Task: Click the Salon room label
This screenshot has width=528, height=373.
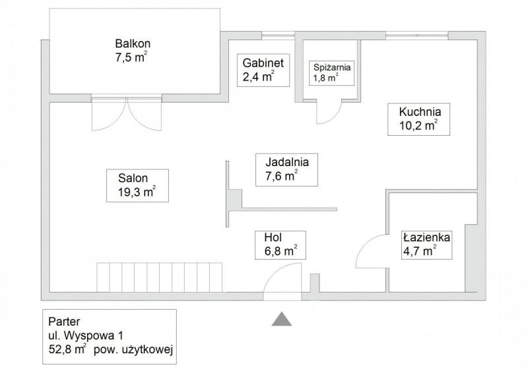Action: click(x=137, y=185)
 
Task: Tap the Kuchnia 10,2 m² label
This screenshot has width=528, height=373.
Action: click(x=418, y=119)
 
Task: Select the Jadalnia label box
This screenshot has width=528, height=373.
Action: click(x=286, y=169)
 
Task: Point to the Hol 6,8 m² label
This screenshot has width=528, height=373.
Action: click(x=280, y=245)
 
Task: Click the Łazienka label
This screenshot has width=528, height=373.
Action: click(x=426, y=245)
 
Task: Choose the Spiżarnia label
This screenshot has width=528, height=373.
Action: click(x=332, y=72)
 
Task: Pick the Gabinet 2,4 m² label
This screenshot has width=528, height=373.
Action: click(x=263, y=70)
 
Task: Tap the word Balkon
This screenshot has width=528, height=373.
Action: click(x=133, y=43)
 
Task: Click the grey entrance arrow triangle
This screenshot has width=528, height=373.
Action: click(x=282, y=319)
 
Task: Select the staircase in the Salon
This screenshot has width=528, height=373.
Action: click(x=159, y=277)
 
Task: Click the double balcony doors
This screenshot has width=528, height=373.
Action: click(x=127, y=114)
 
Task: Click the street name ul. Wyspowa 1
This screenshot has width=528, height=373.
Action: click(x=85, y=335)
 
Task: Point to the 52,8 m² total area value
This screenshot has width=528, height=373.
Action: click(x=67, y=349)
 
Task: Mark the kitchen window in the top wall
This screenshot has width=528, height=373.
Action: click(x=417, y=36)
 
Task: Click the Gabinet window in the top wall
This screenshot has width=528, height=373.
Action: click(x=278, y=36)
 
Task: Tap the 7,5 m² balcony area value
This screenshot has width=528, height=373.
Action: click(x=131, y=57)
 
